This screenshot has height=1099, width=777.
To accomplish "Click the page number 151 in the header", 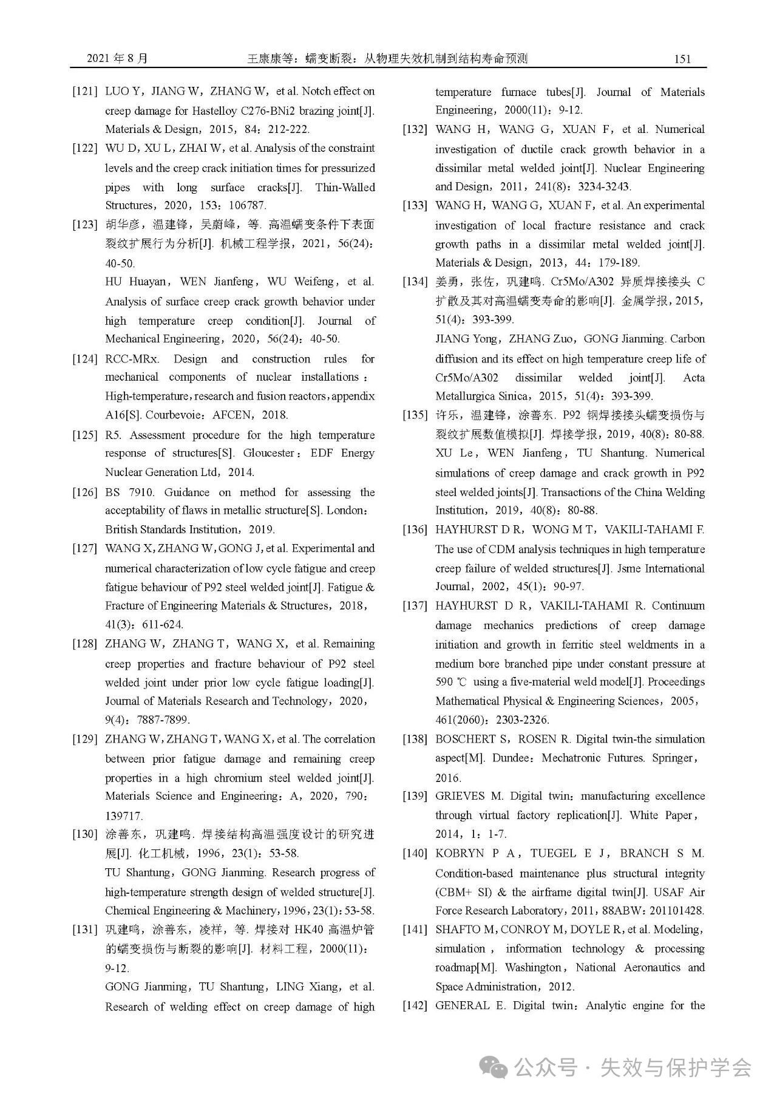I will click(x=682, y=59).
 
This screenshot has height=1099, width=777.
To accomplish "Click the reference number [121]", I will click(x=84, y=92).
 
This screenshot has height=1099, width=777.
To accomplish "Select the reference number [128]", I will click(x=84, y=644).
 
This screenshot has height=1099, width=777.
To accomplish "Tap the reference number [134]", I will click(x=415, y=282).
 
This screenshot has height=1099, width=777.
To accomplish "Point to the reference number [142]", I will click(x=415, y=1005).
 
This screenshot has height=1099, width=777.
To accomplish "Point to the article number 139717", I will click(x=124, y=815).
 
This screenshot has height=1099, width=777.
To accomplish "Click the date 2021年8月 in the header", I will click(x=117, y=59).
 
